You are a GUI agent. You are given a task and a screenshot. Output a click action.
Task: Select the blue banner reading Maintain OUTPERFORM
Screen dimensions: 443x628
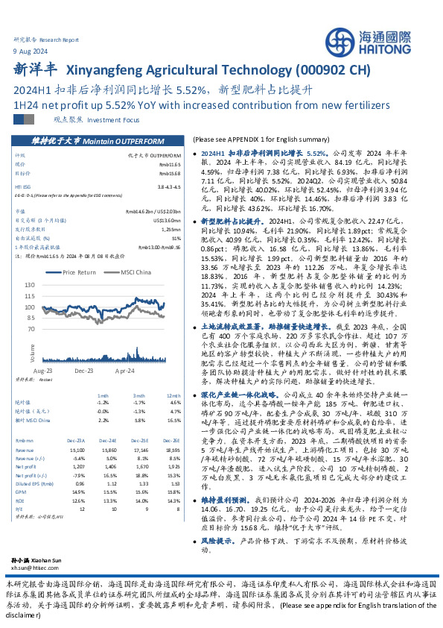click(99, 140)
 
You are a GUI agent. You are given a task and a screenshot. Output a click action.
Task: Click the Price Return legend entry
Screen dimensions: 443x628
click(78, 273)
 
